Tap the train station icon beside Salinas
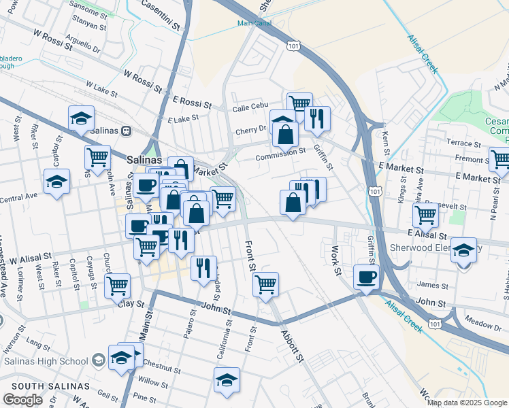[126, 130]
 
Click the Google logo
[22, 400]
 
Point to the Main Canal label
[252, 23]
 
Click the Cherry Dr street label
[251, 129]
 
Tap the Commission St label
[280, 153]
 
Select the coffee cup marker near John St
[366, 277]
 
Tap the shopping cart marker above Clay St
[117, 285]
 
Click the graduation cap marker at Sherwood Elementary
[463, 250]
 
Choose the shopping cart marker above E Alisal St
[425, 215]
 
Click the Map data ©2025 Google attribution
[467, 403]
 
